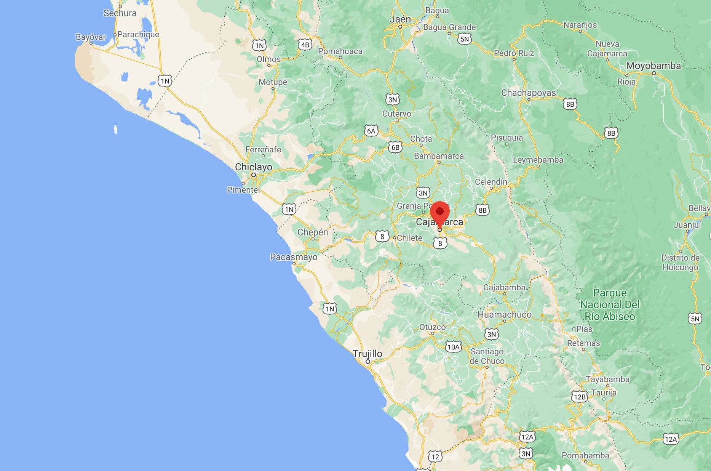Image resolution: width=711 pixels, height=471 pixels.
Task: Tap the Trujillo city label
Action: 367,354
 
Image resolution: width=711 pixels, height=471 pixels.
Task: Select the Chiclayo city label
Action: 254,167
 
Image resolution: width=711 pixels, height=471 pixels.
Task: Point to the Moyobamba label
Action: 653,66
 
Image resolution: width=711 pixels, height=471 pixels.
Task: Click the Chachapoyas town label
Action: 528,93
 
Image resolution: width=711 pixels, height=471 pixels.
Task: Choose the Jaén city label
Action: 400,19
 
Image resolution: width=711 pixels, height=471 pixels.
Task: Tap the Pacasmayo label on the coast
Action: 294,257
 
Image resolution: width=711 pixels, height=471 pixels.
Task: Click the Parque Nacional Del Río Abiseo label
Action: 610,304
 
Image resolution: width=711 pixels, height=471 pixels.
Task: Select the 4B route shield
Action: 305,45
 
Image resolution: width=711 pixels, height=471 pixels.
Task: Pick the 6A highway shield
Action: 371,131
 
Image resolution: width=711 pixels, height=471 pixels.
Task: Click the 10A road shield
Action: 453,347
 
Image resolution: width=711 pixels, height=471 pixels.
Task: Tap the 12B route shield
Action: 579,397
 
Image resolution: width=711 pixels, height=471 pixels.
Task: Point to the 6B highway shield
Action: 395,147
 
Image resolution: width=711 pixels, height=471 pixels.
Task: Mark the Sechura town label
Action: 120,13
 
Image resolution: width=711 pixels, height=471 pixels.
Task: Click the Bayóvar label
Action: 91,37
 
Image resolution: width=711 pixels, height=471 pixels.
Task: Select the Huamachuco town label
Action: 504,314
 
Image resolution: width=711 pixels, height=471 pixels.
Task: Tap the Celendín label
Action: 491,182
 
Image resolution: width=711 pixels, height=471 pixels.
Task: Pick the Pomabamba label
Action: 585,455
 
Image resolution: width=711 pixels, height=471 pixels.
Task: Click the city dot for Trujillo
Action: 368,362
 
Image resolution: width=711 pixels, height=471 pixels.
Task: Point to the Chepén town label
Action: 312,232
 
